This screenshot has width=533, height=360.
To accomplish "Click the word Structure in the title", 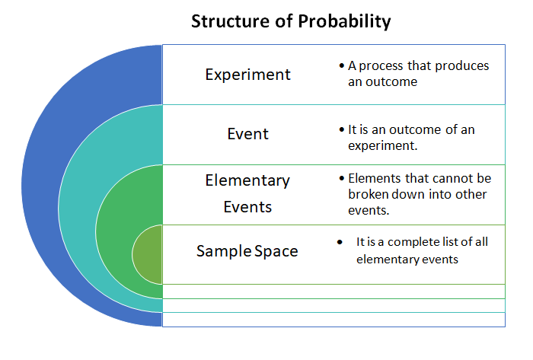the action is [x=230, y=21].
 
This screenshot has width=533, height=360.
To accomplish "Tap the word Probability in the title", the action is [x=344, y=22].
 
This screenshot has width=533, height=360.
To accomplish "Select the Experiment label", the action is [x=247, y=75].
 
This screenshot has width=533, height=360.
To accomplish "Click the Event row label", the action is [x=247, y=134].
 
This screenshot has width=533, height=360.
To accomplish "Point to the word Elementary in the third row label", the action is [x=247, y=180].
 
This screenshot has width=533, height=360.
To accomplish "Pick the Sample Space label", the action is [x=247, y=251].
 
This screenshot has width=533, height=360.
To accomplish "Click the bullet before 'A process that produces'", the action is [x=342, y=65].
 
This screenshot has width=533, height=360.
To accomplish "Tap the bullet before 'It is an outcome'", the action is [x=342, y=129].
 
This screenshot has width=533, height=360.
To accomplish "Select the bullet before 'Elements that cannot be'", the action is [x=342, y=178].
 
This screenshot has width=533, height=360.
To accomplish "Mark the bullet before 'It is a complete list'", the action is [x=340, y=242].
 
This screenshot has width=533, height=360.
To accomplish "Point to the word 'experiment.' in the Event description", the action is [x=382, y=146].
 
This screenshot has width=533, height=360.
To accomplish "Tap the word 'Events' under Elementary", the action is [x=247, y=207].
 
